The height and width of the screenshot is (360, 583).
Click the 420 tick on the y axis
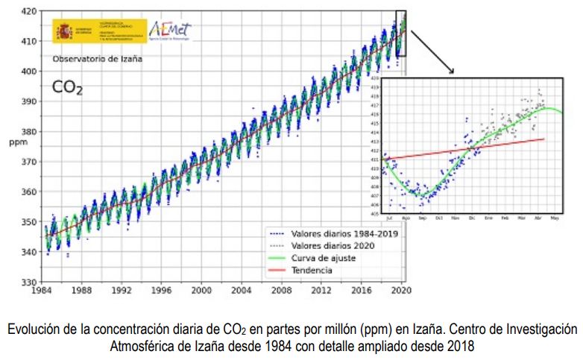click(25, 11)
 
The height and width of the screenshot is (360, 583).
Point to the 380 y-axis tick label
click(25, 132)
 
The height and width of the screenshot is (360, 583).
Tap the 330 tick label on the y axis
click(25, 282)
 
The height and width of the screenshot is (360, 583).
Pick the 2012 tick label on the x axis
click(322, 291)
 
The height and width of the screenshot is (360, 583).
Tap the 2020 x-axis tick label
click(402, 291)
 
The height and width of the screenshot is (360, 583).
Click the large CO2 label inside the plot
click(67, 88)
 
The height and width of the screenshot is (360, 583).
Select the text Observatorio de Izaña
click(97, 58)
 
